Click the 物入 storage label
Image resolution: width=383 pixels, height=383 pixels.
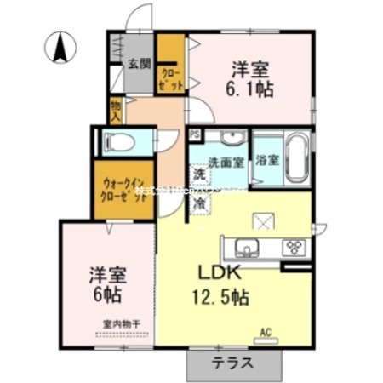(x=116, y=108)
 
